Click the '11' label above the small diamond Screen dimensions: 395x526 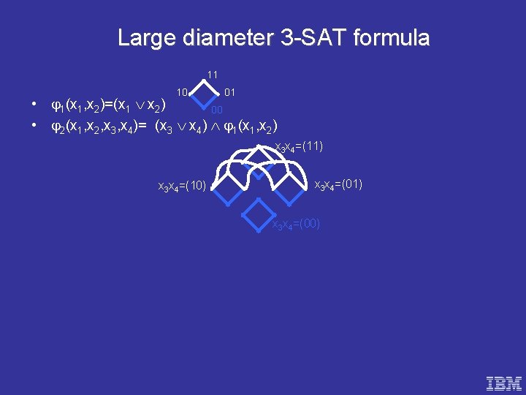(x=212, y=75)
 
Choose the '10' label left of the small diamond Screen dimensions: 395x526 (x=183, y=92)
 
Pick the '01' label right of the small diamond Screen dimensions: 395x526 (x=229, y=92)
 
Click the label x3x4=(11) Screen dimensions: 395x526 (x=299, y=147)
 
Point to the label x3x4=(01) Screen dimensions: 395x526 (x=338, y=184)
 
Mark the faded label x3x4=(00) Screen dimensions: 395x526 (x=296, y=224)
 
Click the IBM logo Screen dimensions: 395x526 (x=504, y=382)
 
